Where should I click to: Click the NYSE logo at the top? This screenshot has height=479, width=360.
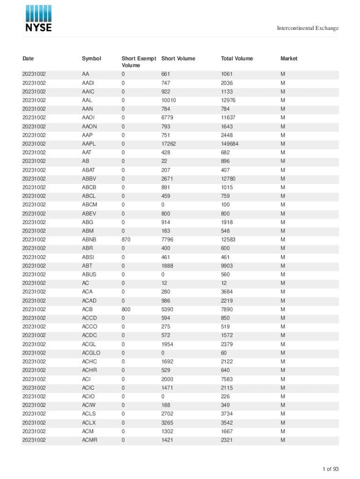coord(38,19)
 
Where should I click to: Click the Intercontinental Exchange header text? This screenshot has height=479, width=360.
coord(308,29)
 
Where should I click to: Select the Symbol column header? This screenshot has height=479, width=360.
coord(91,58)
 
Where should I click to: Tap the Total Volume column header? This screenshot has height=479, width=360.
coord(237,58)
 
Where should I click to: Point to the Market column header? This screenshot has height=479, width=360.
coord(288,58)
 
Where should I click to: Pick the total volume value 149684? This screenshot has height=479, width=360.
coord(230,144)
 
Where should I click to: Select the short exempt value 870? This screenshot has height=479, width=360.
coord(126,239)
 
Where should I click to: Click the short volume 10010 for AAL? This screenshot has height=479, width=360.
coord(168,101)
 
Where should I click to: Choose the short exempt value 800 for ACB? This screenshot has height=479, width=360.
coord(126,309)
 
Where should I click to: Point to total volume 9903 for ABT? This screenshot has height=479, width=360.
coord(227,266)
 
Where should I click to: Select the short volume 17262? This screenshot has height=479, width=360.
coord(168,144)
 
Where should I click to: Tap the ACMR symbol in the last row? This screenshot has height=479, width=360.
coord(89,440)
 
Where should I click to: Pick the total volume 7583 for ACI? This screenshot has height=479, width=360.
coord(227,379)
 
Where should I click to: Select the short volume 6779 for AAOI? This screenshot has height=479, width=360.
coord(167,118)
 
